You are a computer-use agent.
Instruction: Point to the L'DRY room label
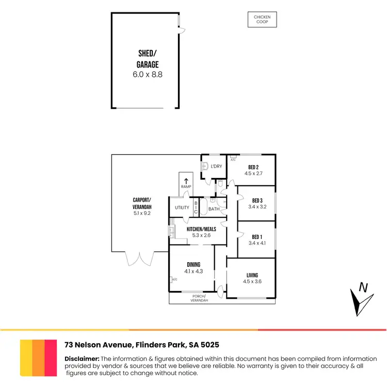(x=216, y=166)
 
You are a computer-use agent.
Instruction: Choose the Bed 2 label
(x=253, y=167)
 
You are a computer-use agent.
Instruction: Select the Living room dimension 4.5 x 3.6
(x=252, y=282)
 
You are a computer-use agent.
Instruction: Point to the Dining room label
(x=193, y=265)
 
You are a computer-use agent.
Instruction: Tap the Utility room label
(x=182, y=208)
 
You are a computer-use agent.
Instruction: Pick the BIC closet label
(x=196, y=208)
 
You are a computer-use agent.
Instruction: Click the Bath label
(x=214, y=209)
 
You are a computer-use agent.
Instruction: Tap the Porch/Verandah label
(x=199, y=298)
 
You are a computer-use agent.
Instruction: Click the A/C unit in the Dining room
(x=171, y=280)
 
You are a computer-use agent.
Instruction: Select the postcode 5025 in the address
(x=214, y=344)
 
